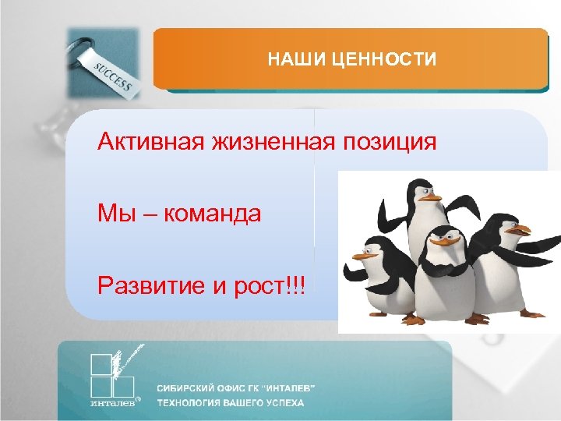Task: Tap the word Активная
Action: point(147,143)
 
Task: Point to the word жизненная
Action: point(267,143)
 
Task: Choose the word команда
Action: point(212,214)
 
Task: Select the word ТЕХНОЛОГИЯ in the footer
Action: point(186,404)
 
